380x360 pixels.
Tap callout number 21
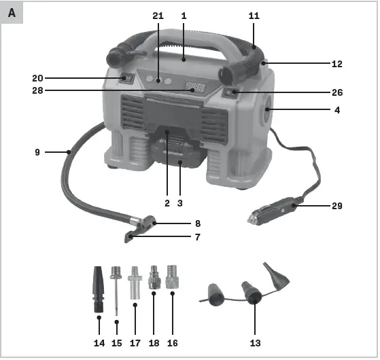[158, 15]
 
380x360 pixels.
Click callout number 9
[37, 153]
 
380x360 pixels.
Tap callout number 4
[338, 110]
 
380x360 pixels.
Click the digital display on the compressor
[193, 87]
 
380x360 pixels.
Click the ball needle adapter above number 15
[117, 289]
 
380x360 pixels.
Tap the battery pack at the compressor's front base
[179, 154]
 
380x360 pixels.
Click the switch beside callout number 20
[126, 79]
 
